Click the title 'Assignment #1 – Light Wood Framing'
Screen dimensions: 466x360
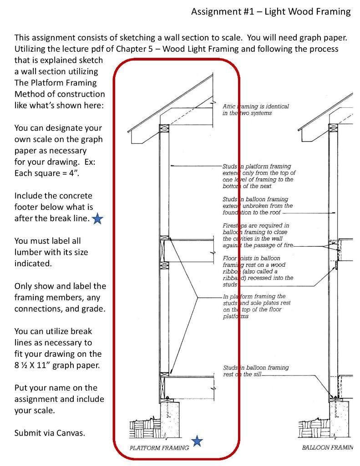[x=271, y=11]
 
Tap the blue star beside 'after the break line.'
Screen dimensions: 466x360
[x=97, y=219]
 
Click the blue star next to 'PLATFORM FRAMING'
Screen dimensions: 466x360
[x=197, y=441]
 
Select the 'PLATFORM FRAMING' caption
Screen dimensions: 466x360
[x=159, y=448]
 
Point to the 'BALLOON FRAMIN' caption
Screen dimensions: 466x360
[x=327, y=448]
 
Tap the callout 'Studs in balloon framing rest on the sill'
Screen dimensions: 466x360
[x=256, y=371]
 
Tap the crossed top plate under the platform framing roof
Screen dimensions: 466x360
[x=164, y=128]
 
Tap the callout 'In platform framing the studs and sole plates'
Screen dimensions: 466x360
[x=258, y=306]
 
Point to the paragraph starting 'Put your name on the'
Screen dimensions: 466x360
[x=59, y=399]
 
